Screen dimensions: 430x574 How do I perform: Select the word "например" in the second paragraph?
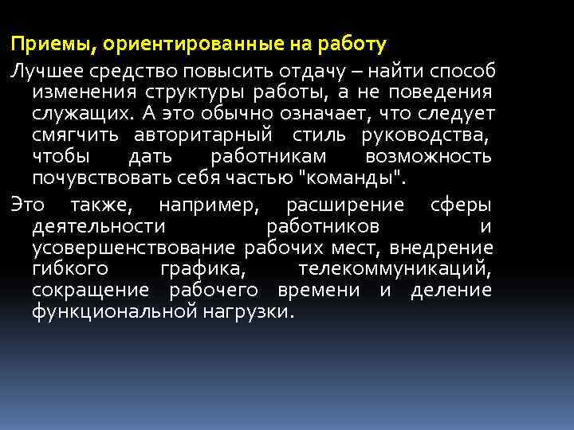pos(209,205)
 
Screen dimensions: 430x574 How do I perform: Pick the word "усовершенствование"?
pos(133,248)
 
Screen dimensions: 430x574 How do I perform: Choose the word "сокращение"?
pos(89,291)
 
